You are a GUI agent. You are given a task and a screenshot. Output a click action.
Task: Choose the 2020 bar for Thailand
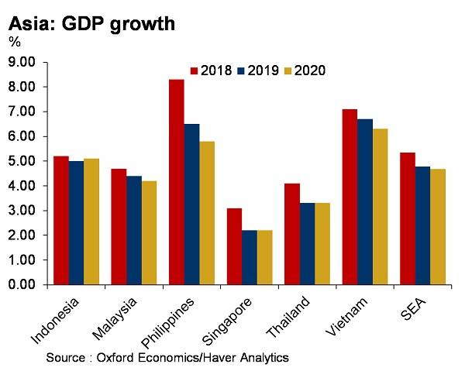tap(322, 244)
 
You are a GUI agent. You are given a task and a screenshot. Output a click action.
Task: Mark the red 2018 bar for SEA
tap(407, 218)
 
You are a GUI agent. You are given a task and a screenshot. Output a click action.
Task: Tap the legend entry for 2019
tap(259, 70)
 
